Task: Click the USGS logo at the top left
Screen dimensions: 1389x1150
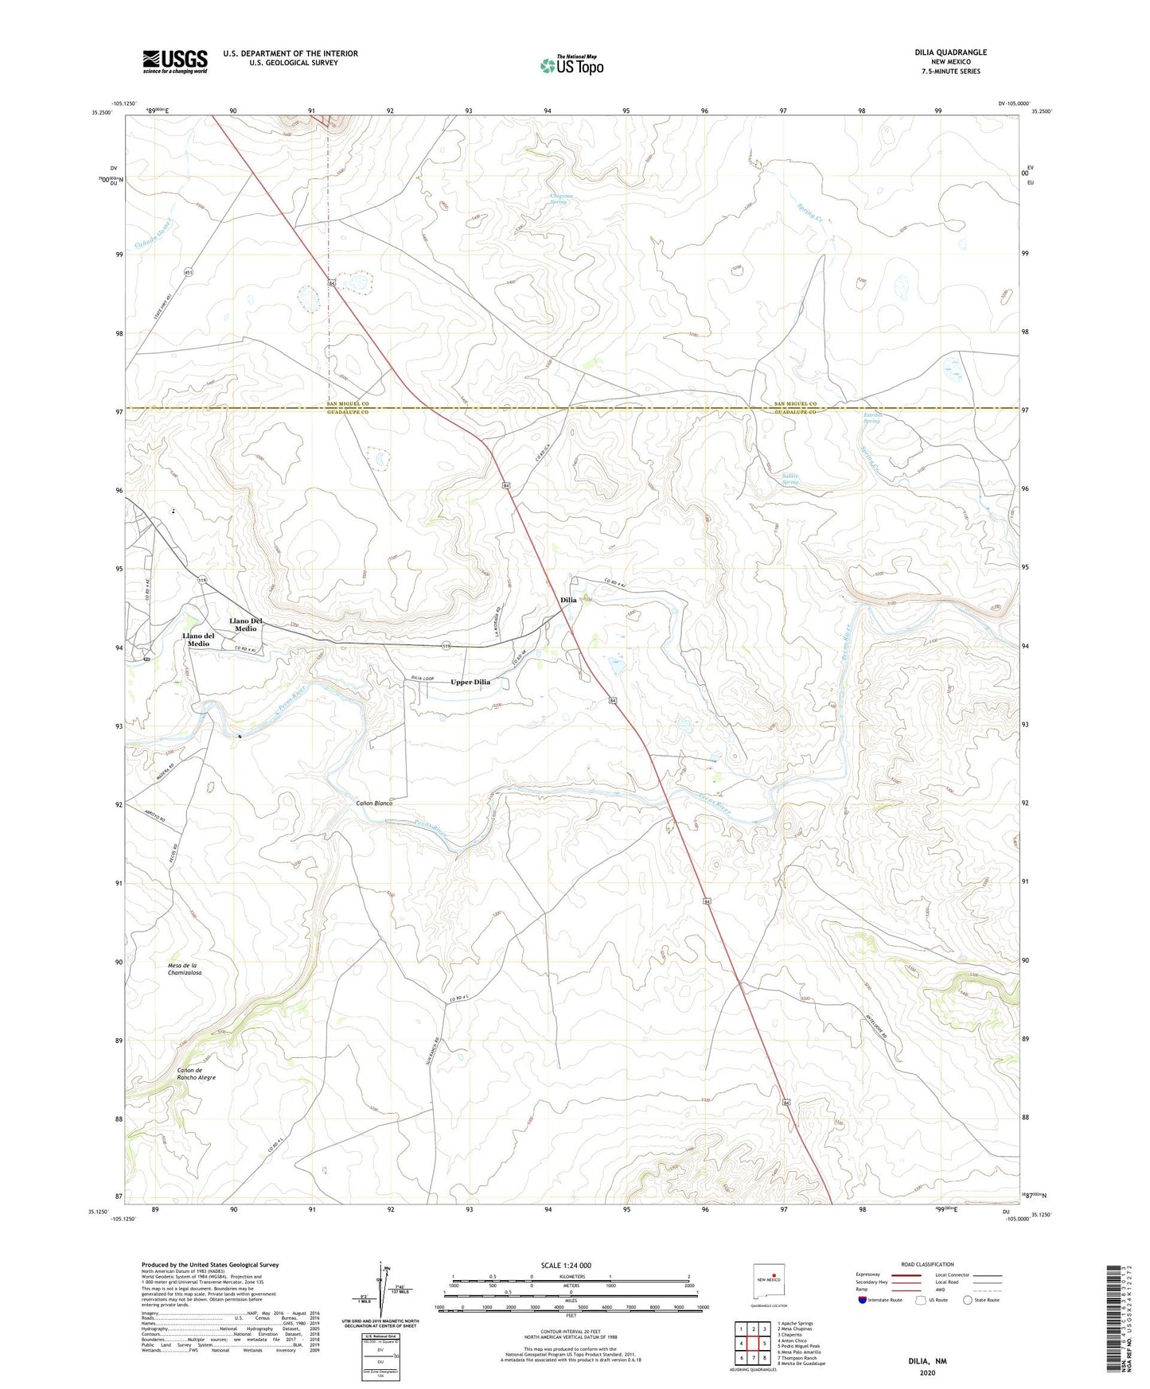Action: pyautogui.click(x=175, y=61)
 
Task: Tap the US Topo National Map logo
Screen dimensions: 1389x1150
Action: pyautogui.click(x=571, y=64)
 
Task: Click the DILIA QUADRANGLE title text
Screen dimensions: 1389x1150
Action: pyautogui.click(x=950, y=53)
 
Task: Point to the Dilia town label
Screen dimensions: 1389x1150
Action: pyautogui.click(x=568, y=600)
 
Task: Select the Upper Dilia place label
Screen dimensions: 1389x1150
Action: pyautogui.click(x=470, y=682)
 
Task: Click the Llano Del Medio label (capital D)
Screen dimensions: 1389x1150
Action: pyautogui.click(x=246, y=624)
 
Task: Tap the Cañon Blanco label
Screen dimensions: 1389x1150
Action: pyautogui.click(x=373, y=803)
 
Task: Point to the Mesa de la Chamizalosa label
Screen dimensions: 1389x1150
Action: pyautogui.click(x=185, y=969)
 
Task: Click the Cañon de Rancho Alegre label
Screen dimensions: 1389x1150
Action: pyautogui.click(x=196, y=1074)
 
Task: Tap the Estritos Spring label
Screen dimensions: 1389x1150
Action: pyautogui.click(x=872, y=418)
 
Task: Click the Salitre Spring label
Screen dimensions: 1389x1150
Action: pyautogui.click(x=789, y=479)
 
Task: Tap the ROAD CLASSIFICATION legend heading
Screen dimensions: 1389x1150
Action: pyautogui.click(x=927, y=1264)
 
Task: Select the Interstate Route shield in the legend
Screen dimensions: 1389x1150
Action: pyautogui.click(x=863, y=1300)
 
